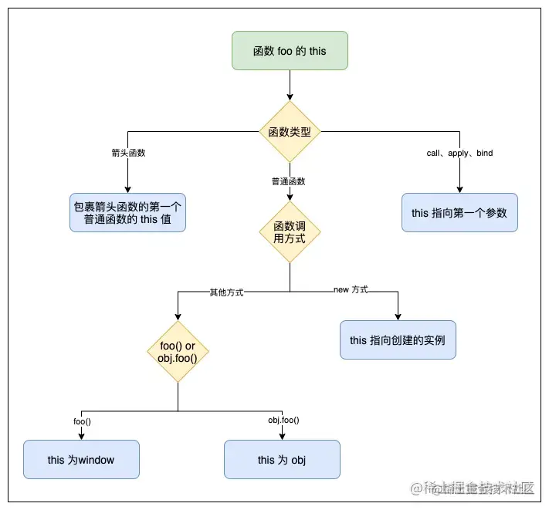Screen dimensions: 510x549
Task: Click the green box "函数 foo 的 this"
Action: click(x=290, y=51)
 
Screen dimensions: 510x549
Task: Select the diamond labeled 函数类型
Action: click(x=290, y=132)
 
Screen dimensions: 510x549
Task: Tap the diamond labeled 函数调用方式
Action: click(x=290, y=231)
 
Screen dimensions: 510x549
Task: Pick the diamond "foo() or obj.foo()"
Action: click(x=178, y=352)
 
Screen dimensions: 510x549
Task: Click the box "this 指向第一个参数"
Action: click(x=459, y=213)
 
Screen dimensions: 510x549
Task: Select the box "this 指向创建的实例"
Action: click(x=398, y=340)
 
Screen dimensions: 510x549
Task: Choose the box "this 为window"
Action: click(x=81, y=460)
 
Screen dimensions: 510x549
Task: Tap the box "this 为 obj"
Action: click(x=282, y=460)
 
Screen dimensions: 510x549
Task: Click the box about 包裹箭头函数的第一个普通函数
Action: click(x=127, y=213)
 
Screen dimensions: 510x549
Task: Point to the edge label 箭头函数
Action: click(x=128, y=153)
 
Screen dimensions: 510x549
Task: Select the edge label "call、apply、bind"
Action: click(x=459, y=153)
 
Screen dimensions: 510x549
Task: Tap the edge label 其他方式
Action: click(x=227, y=292)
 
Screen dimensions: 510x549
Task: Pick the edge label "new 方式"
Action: click(x=351, y=289)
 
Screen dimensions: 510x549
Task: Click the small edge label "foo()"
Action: click(x=82, y=420)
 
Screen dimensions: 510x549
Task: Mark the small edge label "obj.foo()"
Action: click(x=283, y=420)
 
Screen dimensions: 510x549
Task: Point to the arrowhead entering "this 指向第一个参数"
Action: click(x=459, y=189)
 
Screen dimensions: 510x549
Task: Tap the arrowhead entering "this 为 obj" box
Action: click(x=282, y=436)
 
